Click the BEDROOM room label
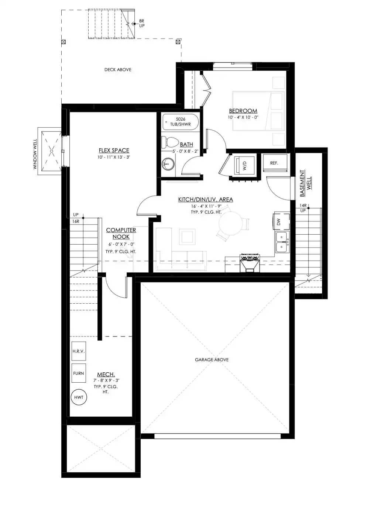click(243, 111)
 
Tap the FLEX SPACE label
click(114, 150)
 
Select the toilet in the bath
click(170, 142)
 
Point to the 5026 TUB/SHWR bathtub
click(181, 122)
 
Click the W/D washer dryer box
click(244, 165)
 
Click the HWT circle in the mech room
click(79, 397)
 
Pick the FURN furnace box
click(79, 373)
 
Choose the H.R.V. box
click(79, 351)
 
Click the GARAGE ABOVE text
click(212, 360)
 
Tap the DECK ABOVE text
click(118, 69)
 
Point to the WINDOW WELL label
click(35, 154)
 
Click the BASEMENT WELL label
click(305, 183)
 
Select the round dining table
click(231, 223)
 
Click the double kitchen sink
click(282, 242)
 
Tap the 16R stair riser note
click(76, 221)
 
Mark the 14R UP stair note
click(303, 208)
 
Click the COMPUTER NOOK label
click(121, 234)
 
